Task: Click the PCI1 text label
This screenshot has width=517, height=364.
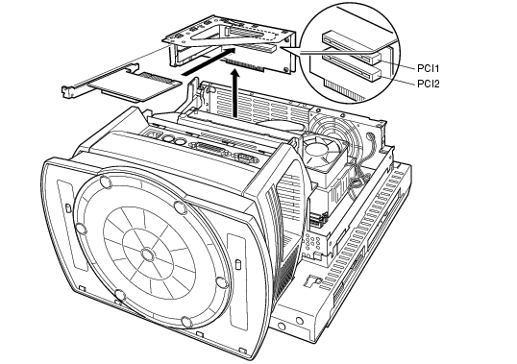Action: (428, 68)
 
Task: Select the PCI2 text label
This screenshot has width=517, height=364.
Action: (429, 84)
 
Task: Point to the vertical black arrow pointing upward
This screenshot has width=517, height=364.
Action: (235, 93)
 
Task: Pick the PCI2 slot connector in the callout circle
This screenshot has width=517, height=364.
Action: (352, 67)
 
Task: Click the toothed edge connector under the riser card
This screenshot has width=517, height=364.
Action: (245, 65)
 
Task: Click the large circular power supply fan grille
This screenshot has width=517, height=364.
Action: (334, 135)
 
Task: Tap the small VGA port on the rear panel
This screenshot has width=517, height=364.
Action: (247, 158)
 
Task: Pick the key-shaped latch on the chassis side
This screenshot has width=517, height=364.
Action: (310, 280)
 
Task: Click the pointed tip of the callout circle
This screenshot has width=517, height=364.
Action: (282, 47)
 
